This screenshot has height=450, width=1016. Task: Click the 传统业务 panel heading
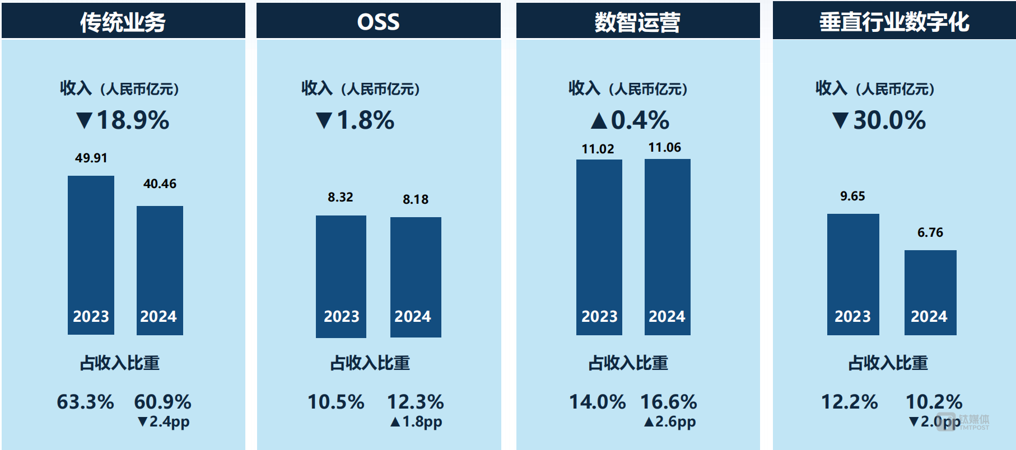click(123, 22)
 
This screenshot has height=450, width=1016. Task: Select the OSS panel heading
click(378, 22)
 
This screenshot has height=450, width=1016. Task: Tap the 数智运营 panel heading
click(637, 22)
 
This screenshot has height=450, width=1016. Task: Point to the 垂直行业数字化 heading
click(894, 22)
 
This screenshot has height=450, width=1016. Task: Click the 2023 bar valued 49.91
click(91, 255)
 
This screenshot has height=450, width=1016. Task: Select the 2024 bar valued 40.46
click(160, 270)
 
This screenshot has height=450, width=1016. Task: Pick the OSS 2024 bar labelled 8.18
click(416, 276)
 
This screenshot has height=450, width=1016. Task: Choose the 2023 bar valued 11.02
click(599, 247)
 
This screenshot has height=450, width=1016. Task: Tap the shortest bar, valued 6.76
click(930, 292)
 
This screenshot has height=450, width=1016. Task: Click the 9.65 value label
click(852, 196)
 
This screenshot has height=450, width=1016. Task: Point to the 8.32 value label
click(341, 197)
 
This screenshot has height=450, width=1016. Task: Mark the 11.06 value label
click(665, 148)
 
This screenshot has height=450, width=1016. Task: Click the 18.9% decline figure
click(123, 120)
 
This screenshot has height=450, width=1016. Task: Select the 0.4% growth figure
click(631, 120)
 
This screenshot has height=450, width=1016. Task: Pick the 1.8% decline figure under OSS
click(356, 120)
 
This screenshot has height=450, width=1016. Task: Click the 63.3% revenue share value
click(85, 402)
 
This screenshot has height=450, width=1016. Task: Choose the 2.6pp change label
click(670, 421)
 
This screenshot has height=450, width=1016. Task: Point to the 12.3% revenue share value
click(416, 402)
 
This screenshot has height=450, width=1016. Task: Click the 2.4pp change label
click(164, 421)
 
